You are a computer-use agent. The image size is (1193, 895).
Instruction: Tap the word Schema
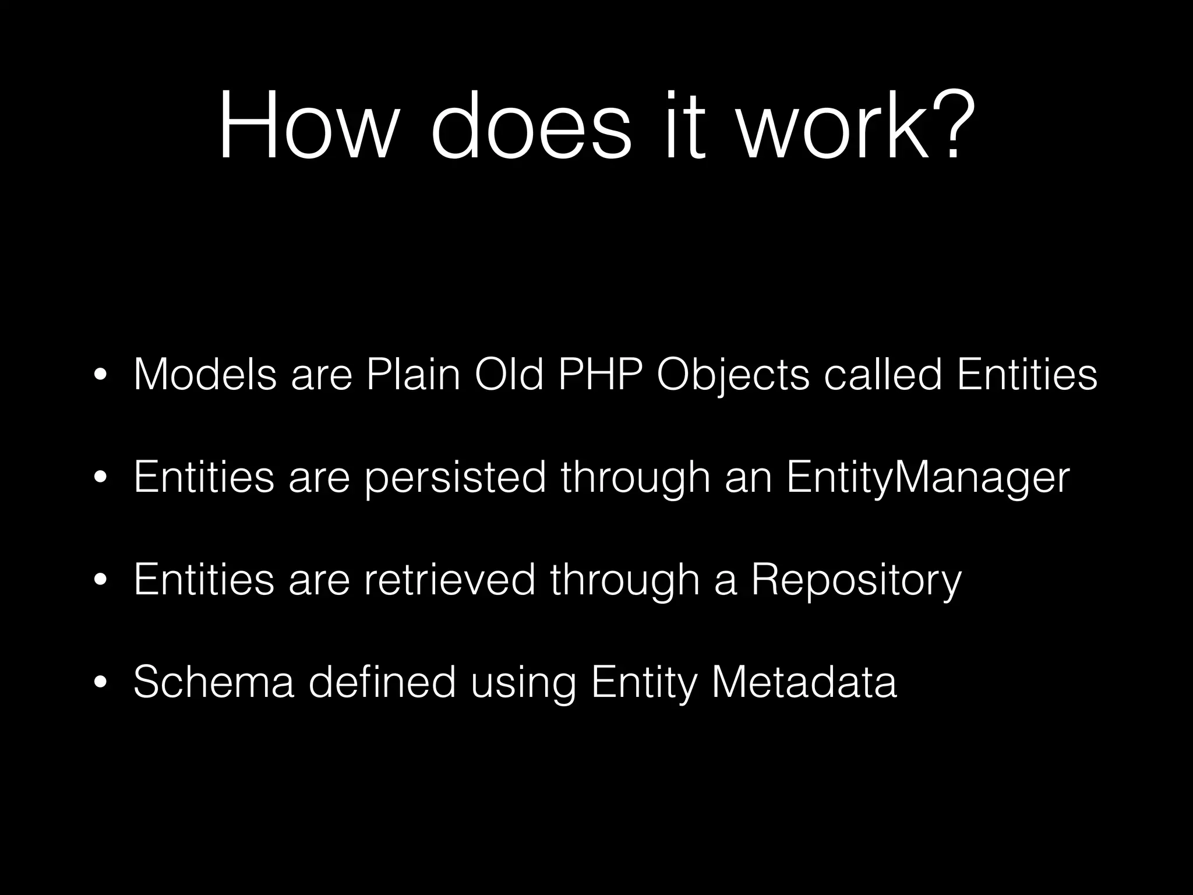pos(214,682)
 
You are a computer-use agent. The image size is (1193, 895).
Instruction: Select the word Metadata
pos(804,682)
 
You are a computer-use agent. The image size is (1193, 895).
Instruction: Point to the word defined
pos(382,682)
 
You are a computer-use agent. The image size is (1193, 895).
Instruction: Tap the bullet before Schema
pos(100,683)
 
